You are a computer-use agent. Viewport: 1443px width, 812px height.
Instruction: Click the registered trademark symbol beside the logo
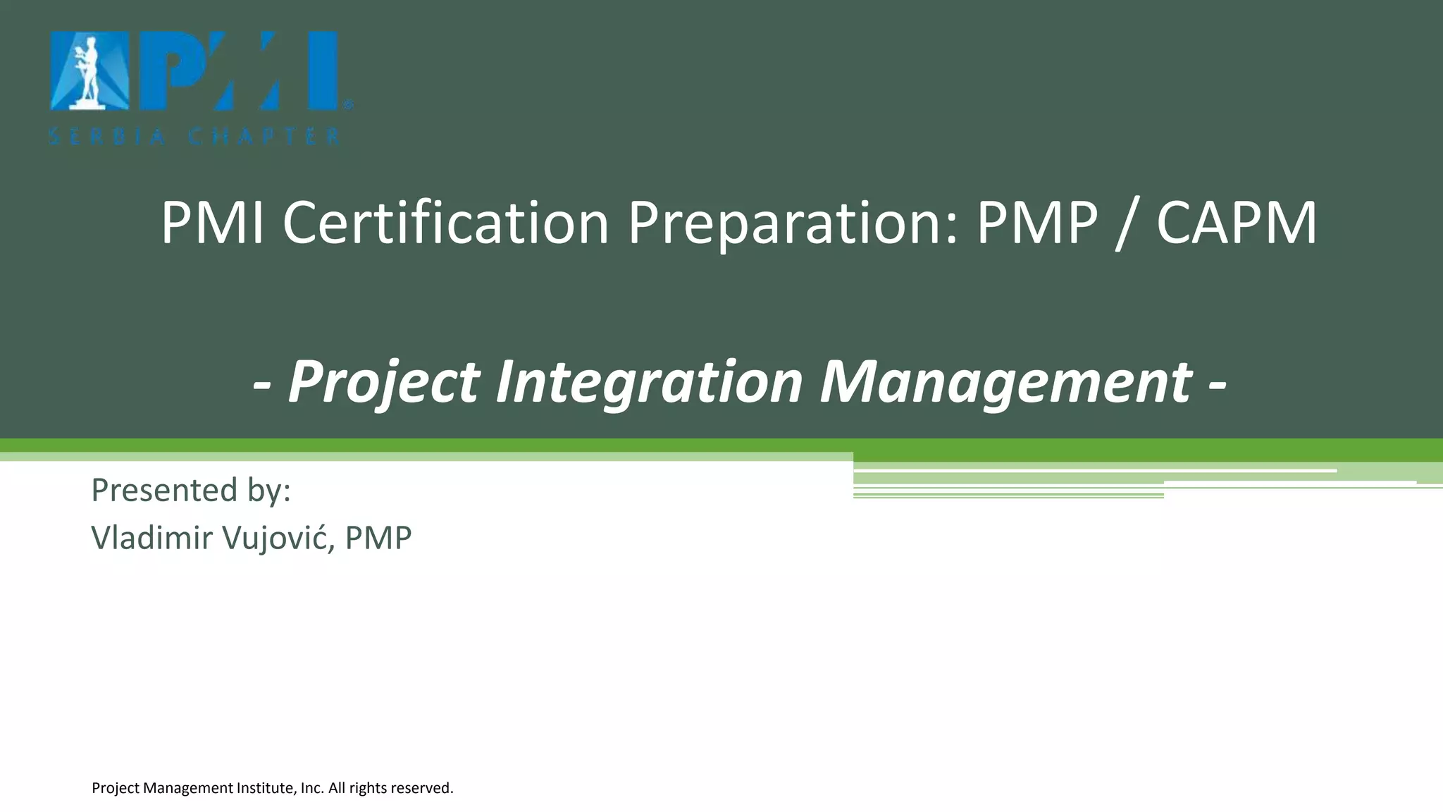coord(347,105)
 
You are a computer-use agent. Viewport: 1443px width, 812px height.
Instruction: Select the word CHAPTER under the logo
coord(264,137)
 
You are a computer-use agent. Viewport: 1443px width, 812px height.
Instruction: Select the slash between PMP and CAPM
coord(1127,224)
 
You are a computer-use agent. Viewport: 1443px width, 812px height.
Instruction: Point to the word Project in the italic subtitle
coord(384,383)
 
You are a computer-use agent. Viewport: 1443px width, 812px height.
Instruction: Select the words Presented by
coord(191,490)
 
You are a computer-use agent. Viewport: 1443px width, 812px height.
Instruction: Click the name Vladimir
coord(151,538)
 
